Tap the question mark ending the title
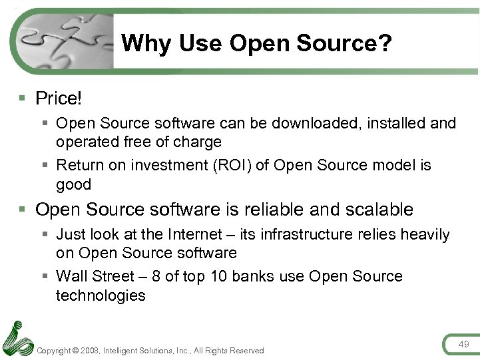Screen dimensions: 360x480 [385, 44]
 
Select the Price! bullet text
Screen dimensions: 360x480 [59, 98]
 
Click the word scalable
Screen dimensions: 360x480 [378, 210]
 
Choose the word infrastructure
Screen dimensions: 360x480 [300, 234]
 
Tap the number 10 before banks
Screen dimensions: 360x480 [218, 276]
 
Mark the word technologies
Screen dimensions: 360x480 [101, 295]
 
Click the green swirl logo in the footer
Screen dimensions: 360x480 [17, 339]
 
